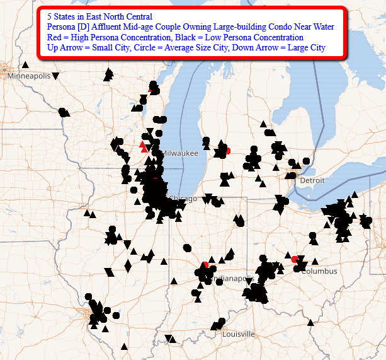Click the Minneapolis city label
28,76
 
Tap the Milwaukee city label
180,153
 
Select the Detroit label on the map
312,180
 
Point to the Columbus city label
319,271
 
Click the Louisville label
239,334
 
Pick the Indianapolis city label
232,278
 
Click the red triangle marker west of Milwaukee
143,148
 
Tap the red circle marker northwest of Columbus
295,258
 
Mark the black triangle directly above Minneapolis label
25,64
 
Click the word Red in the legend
55,37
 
